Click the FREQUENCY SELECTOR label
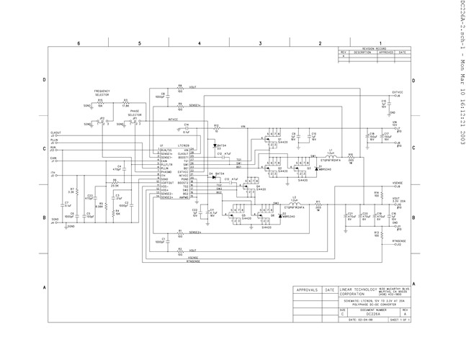[x=102, y=93]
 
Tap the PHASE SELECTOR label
[x=135, y=113]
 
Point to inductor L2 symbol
[x=294, y=202]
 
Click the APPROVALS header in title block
[x=307, y=289]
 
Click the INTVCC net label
[x=173, y=119]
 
